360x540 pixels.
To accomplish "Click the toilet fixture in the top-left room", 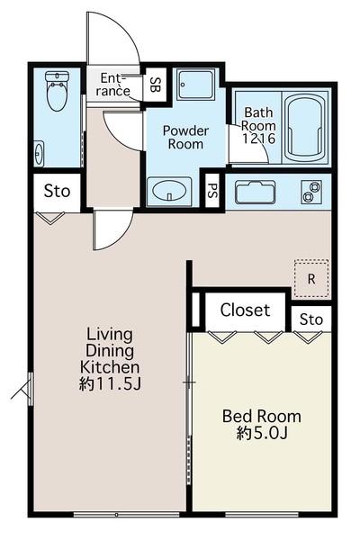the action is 58,91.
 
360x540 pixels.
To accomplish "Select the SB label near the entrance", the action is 156,85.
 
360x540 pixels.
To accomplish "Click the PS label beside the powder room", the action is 213,191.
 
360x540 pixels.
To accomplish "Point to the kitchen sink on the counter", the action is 256,192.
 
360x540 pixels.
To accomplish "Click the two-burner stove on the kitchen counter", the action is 311,192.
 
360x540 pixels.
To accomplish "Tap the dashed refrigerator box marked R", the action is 311,278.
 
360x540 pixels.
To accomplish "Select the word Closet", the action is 245,310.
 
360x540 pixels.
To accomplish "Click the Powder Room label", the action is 185,137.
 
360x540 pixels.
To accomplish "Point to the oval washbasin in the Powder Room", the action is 169,190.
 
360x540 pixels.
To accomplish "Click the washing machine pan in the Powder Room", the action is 196,85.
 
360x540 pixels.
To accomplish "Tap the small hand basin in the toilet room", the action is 39,153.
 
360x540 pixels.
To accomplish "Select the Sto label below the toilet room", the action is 57,191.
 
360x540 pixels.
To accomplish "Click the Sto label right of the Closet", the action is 311,319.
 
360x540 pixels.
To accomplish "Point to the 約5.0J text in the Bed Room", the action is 262,433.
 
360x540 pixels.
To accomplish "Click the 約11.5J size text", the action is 110,384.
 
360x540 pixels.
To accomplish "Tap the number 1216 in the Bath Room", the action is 259,139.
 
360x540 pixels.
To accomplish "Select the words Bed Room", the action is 262,417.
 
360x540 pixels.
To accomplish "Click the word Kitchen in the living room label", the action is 110,367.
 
